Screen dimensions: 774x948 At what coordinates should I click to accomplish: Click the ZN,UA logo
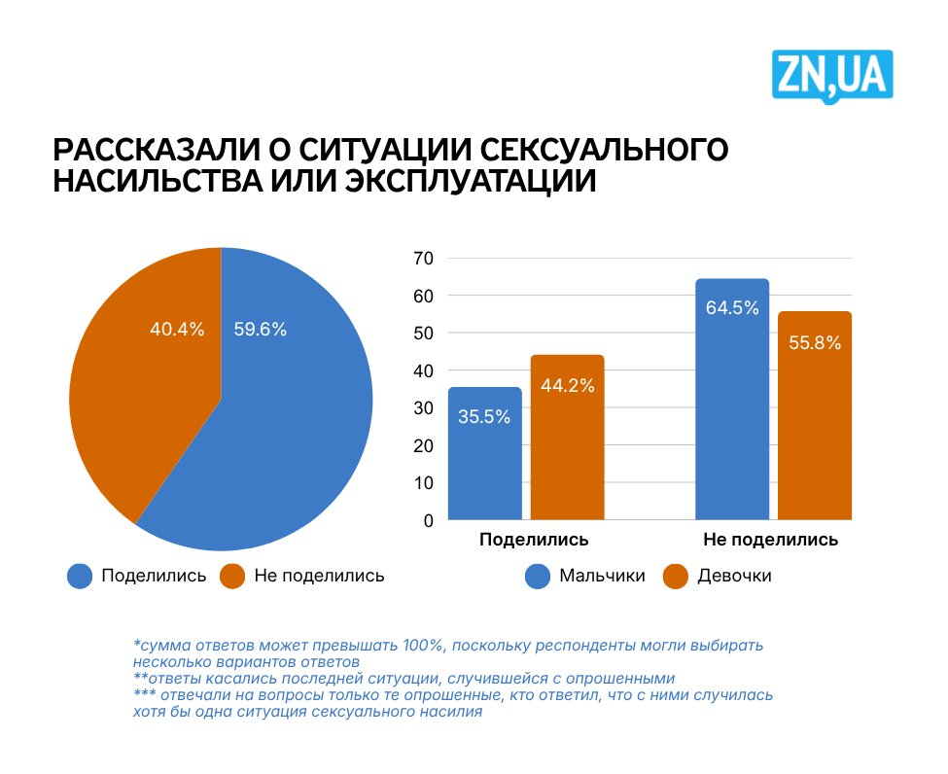[x=832, y=76]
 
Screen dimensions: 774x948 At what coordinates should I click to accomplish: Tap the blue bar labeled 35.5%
[x=484, y=457]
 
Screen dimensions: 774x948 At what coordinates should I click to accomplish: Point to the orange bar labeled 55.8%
[x=815, y=418]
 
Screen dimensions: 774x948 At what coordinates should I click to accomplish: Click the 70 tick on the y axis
[x=424, y=259]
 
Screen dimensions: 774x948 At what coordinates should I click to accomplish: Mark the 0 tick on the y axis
[x=429, y=521]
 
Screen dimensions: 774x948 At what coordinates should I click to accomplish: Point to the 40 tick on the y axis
[x=424, y=370]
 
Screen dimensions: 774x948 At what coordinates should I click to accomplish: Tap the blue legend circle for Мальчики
[x=538, y=576]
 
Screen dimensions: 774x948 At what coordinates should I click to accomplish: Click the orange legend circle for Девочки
[x=676, y=576]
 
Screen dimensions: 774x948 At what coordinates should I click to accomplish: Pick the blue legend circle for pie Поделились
[x=80, y=576]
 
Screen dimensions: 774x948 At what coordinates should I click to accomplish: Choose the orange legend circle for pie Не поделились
[x=232, y=576]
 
